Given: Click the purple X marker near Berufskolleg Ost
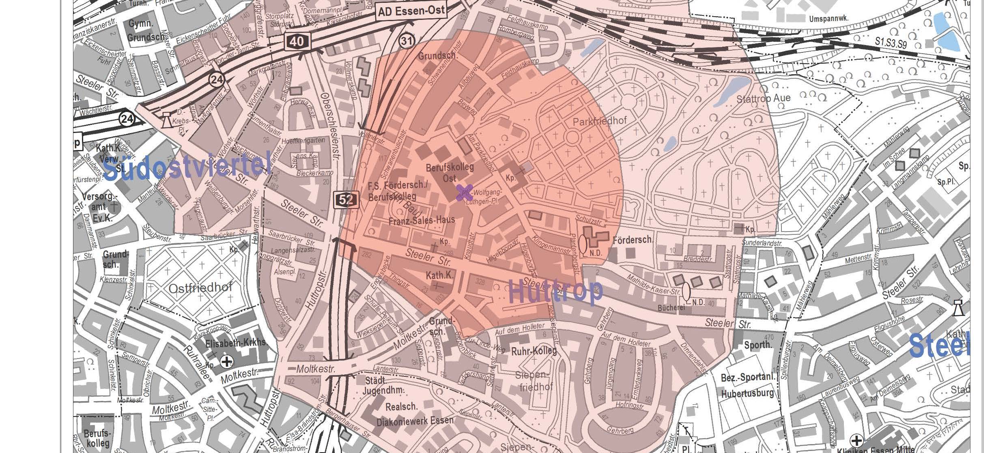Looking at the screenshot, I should [464, 192].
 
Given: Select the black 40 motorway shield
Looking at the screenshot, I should [297, 41].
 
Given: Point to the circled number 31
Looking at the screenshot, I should [407, 41].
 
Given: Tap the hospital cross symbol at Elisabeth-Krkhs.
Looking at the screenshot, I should [227, 361].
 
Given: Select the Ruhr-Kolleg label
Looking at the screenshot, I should [534, 351].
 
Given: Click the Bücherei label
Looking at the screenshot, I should [671, 308].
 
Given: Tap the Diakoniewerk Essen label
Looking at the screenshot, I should [415, 421].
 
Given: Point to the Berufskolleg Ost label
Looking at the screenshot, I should [450, 172].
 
